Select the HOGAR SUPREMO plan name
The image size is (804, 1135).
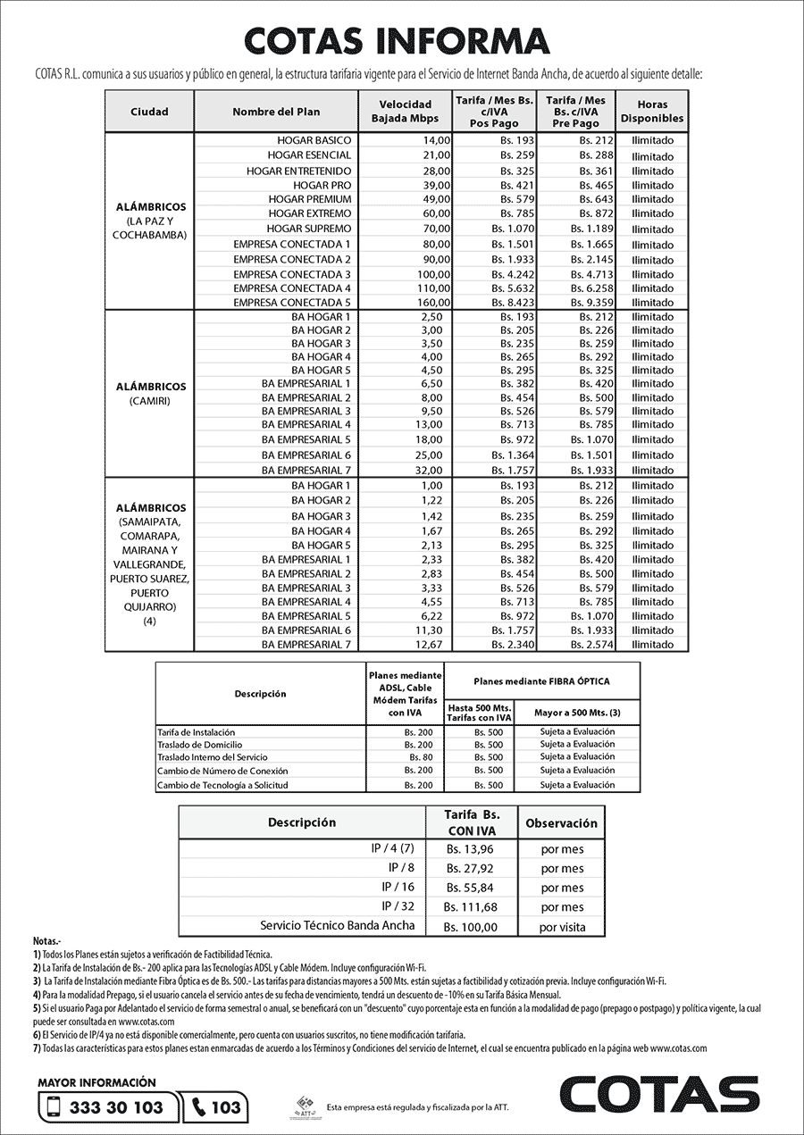click(x=309, y=229)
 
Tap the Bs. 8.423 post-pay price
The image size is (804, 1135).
click(x=516, y=303)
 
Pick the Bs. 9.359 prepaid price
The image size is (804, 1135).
click(x=595, y=303)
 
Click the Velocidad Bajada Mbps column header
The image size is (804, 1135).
click(x=405, y=112)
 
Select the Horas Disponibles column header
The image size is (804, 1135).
click(x=652, y=112)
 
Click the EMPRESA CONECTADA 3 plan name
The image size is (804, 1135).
click(x=292, y=273)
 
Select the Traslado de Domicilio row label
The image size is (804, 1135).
click(x=199, y=744)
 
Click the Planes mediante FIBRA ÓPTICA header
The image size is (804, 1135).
click(x=541, y=681)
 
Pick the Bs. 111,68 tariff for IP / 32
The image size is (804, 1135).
click(x=471, y=907)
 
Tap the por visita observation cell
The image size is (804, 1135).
click(x=562, y=927)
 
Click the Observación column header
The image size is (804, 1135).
click(x=561, y=822)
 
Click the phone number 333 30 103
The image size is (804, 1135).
click(x=115, y=1107)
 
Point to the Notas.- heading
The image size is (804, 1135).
click(x=47, y=941)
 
